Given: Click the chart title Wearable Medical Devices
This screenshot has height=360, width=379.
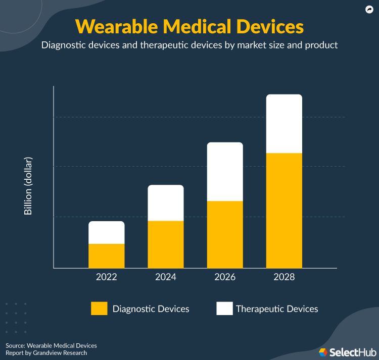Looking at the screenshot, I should pos(189,26).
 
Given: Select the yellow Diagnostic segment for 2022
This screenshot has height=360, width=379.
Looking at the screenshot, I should pos(106,256).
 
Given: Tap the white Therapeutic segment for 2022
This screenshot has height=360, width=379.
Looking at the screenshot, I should pos(106,232).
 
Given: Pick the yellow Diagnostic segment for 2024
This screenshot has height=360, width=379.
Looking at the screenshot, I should pos(166,244).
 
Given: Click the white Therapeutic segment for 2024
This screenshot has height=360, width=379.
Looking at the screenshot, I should pos(166,203).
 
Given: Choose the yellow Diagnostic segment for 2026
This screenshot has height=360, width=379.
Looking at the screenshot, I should pos(225,234).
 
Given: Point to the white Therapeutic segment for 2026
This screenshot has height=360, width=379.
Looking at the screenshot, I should pos(225,172).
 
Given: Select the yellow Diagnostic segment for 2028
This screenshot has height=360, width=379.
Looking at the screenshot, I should pos(284,211).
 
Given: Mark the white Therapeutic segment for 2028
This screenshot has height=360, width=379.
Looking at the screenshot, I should pos(284,124).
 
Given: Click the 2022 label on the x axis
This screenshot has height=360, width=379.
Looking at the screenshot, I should pos(106,277).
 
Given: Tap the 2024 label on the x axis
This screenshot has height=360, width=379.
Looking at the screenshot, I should pos(166,277).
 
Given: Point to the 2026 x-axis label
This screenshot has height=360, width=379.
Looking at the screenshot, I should pos(225,277).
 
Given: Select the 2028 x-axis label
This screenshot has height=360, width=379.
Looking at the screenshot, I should pos(284,277).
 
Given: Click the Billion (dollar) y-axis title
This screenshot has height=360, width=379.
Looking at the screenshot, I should pos(28,186).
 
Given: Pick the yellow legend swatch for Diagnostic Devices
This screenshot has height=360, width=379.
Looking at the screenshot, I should pos(99,308).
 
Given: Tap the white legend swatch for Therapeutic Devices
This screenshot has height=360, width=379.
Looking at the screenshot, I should pos(224,308).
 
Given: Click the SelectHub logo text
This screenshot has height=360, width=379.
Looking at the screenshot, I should pos(351,351).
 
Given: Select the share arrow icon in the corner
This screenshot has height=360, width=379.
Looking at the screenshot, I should pos(369,9).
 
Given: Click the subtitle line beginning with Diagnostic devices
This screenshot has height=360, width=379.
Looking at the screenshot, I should pos(189,45).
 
